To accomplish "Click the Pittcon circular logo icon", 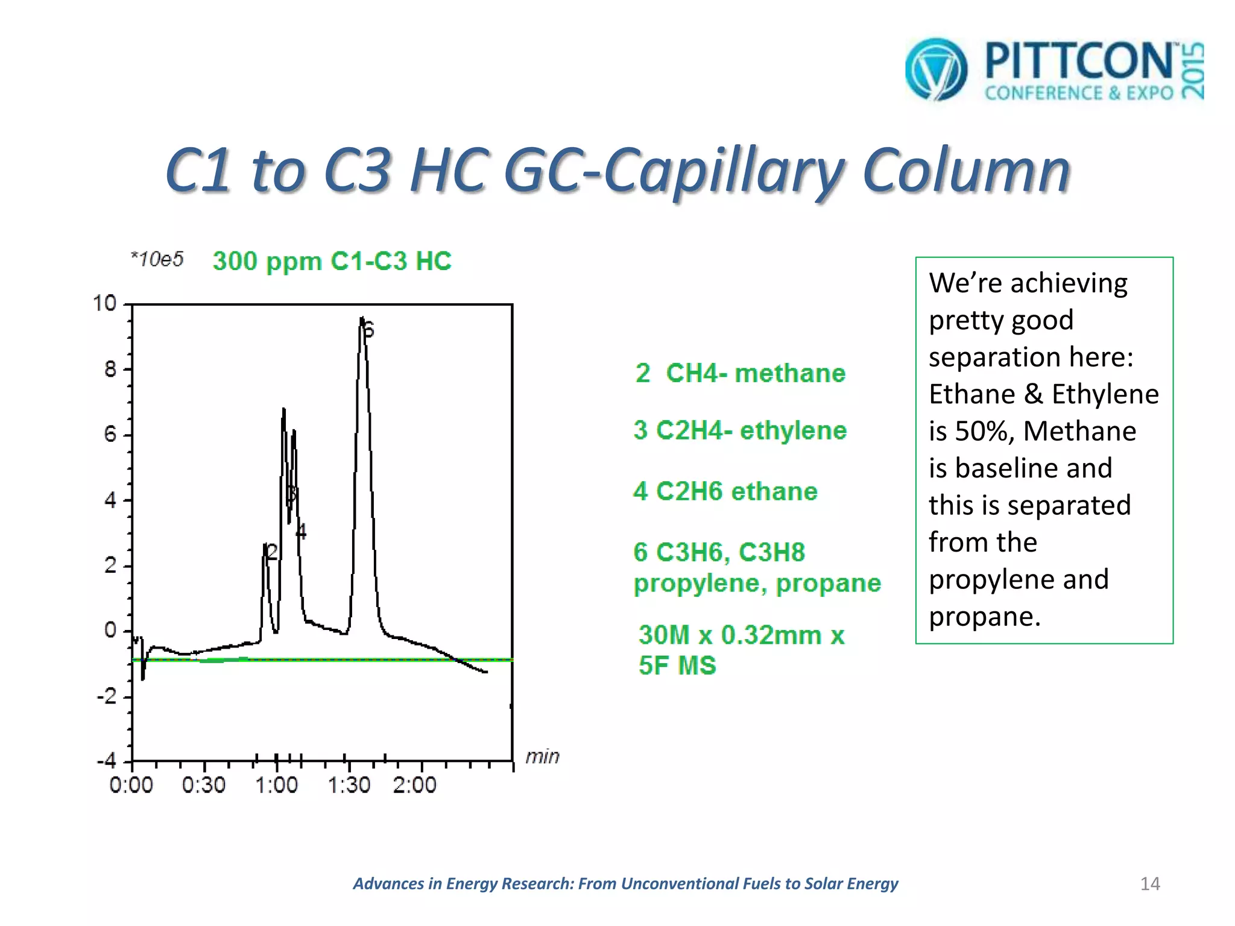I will click(936, 69).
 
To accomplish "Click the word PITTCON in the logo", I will click(1079, 61).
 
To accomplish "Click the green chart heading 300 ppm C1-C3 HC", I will click(332, 261).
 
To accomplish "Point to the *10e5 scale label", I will click(157, 259).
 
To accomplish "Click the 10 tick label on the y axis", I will click(104, 303).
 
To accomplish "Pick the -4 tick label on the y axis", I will click(107, 761).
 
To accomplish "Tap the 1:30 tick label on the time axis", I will click(349, 785).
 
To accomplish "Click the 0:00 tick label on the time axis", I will click(131, 785).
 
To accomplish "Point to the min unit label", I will click(542, 756).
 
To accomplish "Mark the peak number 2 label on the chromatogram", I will click(272, 551).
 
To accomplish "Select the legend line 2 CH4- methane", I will click(740, 373).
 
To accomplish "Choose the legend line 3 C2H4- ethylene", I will click(740, 430).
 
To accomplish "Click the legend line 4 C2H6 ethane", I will click(725, 491).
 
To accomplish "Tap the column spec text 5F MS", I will click(677, 666).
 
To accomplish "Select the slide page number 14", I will click(1150, 884).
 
